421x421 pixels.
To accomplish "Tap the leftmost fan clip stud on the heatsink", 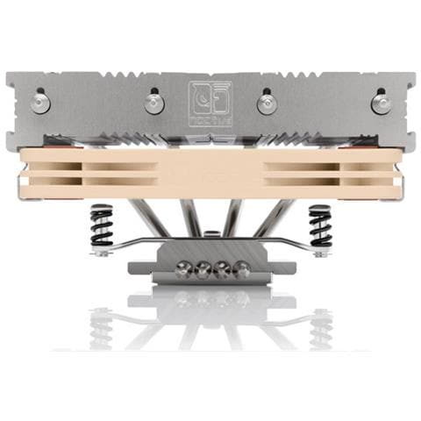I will click(x=40, y=103).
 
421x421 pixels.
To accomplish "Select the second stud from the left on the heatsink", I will click(x=154, y=103).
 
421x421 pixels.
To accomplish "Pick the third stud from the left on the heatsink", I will click(x=266, y=103).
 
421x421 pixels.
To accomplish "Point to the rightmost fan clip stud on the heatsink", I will click(x=381, y=103).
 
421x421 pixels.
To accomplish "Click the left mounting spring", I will click(x=103, y=228).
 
